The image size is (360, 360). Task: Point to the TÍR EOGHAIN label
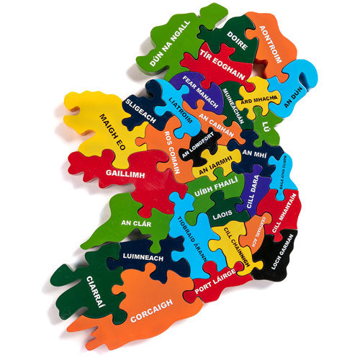(x=222, y=66)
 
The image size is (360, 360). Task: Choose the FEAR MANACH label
(x=201, y=89)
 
